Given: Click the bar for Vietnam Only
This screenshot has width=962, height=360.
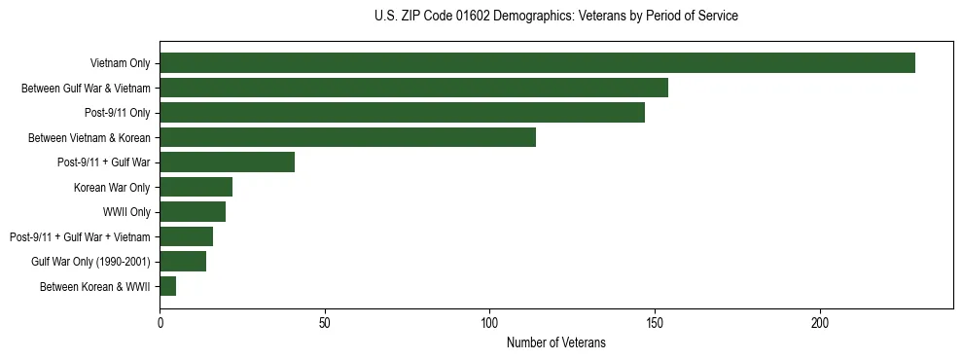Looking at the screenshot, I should click(537, 63).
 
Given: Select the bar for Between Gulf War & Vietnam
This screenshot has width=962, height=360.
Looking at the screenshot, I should click(413, 88).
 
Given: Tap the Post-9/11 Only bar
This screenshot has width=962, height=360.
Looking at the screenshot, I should click(402, 113).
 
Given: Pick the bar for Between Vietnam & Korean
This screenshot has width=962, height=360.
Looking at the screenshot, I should click(347, 137).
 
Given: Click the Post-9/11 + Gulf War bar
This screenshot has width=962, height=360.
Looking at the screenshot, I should click(227, 162).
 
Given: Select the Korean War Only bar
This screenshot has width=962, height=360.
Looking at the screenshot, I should click(196, 187).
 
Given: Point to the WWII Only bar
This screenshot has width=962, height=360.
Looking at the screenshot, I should click(193, 212).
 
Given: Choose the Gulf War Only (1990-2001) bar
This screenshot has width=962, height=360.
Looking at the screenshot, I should click(183, 261).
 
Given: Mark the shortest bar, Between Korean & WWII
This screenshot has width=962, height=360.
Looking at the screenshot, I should click(167, 286).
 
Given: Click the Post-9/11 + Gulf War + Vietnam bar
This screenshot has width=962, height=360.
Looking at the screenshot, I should click(186, 236).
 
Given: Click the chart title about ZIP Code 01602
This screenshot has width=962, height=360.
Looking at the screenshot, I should click(555, 17).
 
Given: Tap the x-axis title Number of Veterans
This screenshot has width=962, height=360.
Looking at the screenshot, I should click(555, 342).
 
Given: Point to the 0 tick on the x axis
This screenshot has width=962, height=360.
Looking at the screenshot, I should click(160, 322).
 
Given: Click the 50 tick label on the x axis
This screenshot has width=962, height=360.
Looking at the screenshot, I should click(325, 322).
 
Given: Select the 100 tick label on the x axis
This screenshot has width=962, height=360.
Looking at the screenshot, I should click(489, 322).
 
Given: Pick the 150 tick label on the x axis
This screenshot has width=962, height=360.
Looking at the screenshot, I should click(655, 322).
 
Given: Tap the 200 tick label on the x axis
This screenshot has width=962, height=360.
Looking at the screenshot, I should click(820, 322).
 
